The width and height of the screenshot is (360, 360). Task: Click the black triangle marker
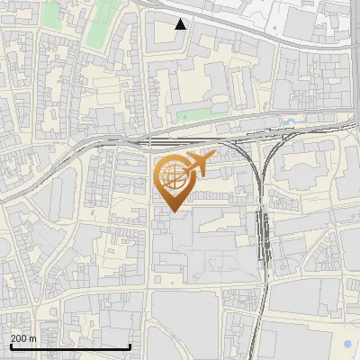(181, 24)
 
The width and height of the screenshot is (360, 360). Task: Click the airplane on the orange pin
(200, 163)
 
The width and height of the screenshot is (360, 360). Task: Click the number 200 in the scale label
(20, 338)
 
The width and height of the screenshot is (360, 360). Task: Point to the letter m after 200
(33, 338)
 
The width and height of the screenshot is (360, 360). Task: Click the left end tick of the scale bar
(10, 346)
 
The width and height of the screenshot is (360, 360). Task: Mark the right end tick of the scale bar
(130, 346)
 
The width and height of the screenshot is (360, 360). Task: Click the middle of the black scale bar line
(70, 347)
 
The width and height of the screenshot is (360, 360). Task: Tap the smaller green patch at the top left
(50, 14)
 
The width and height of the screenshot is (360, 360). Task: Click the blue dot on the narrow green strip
(184, 116)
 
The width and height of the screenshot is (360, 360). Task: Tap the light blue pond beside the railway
(287, 121)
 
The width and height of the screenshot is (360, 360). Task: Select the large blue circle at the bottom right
(347, 344)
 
